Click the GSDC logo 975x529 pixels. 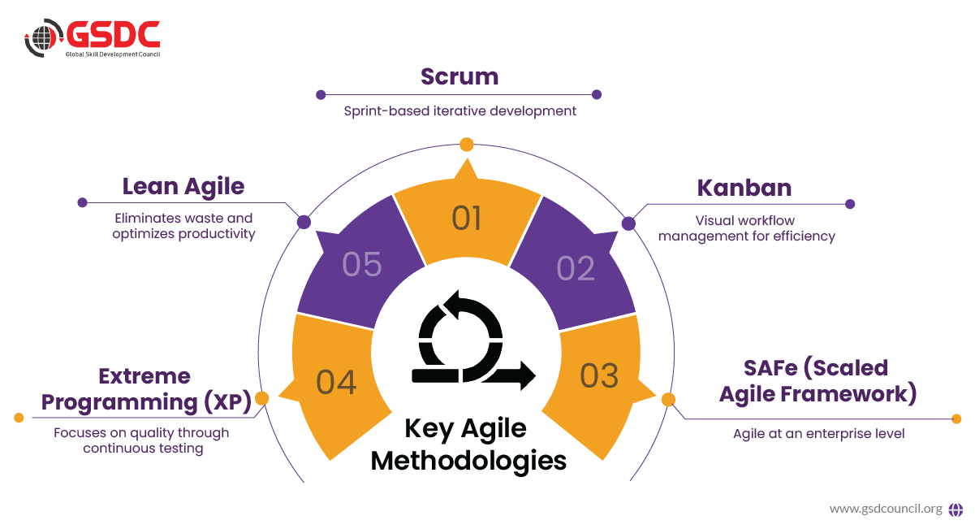[x=92, y=37]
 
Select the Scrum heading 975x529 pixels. [x=459, y=76]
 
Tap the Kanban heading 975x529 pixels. [x=744, y=187]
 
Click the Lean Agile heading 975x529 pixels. [x=183, y=186]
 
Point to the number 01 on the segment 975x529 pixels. [x=467, y=219]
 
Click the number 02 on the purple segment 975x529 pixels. [x=576, y=269]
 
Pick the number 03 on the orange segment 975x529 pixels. [x=600, y=375]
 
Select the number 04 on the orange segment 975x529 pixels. [x=336, y=382]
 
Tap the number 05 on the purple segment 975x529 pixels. [x=362, y=264]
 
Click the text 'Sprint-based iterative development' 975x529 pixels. [x=459, y=111]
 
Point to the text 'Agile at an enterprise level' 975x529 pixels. [x=818, y=433]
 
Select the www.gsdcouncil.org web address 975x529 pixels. [x=886, y=509]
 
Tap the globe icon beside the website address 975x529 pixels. [x=956, y=509]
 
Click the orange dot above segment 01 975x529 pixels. [x=466, y=145]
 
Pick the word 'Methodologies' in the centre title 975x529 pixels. [x=468, y=460]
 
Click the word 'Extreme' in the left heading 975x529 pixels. [x=145, y=376]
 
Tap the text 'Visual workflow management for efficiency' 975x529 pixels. [x=746, y=228]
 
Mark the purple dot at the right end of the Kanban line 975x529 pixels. [x=850, y=204]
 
